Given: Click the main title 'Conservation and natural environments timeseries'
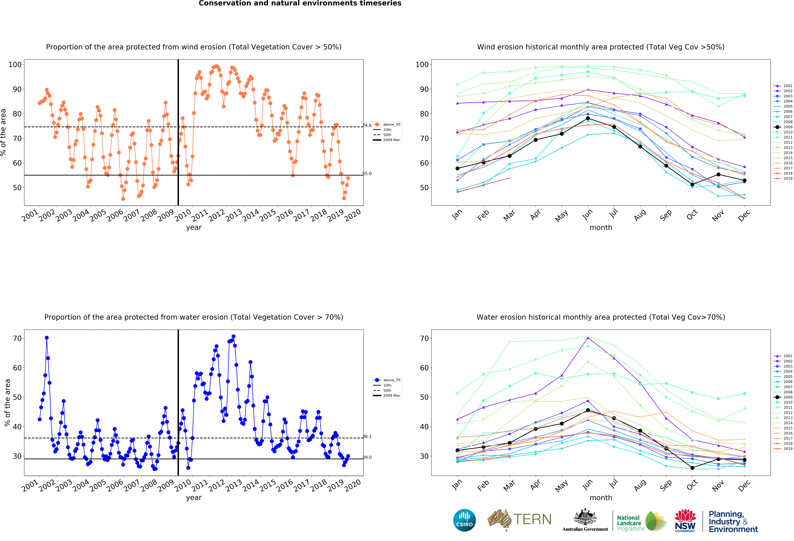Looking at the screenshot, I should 300,3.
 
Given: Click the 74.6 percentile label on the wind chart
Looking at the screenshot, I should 367,126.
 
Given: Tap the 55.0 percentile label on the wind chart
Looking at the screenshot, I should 367,174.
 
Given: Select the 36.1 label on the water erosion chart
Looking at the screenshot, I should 367,436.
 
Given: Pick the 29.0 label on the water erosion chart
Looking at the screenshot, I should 367,457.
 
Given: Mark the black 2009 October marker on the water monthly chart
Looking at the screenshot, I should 692,468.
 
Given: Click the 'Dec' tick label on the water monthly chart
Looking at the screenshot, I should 744,485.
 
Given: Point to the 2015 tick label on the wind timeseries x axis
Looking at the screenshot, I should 268,215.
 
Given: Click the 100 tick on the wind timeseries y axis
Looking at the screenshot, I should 15,65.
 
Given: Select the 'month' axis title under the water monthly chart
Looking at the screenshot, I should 601,498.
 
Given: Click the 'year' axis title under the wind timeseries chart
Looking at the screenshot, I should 194,227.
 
